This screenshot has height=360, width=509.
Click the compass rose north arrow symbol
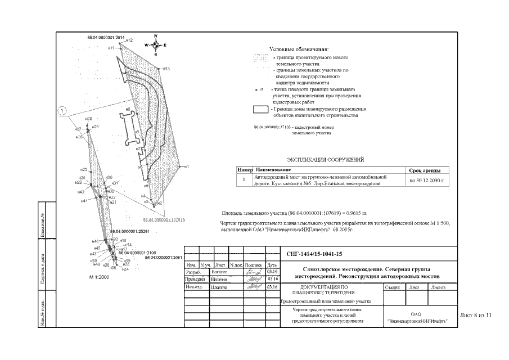coord(156,44)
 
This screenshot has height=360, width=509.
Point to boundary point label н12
coord(129,40)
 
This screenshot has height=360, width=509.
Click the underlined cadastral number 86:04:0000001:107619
coord(164,219)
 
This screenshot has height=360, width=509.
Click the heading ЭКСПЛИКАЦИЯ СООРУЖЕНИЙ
coord(326,159)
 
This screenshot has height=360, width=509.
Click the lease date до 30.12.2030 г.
coord(427,181)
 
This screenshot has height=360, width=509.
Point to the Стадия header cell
coord(392,287)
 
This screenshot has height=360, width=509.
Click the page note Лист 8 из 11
coord(476,316)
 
